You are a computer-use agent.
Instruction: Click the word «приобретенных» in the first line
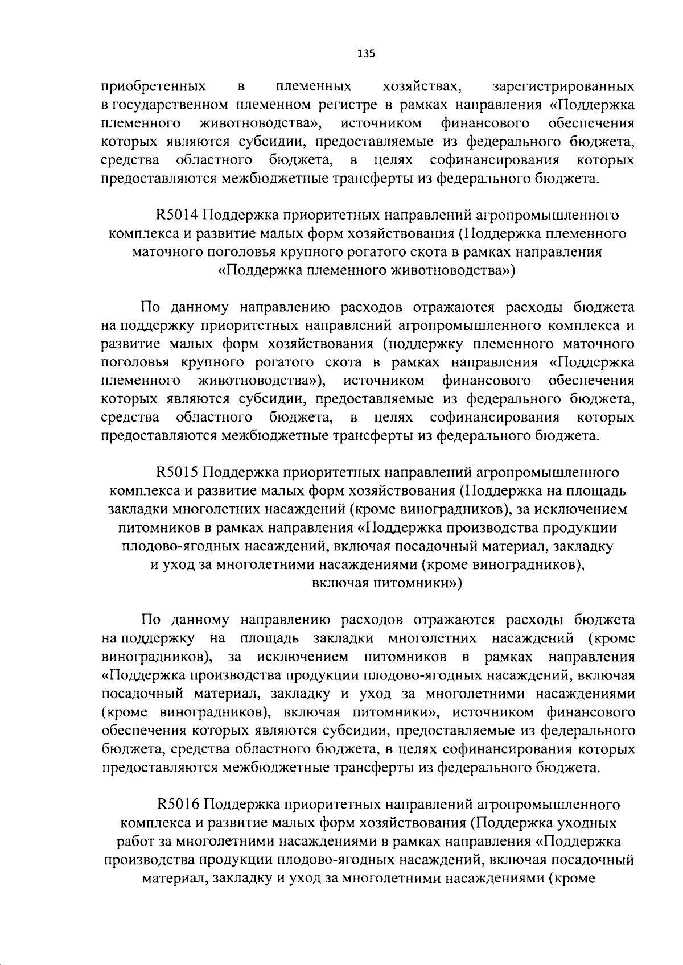[x=153, y=87]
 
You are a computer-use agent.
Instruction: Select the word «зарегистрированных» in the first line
[x=563, y=87]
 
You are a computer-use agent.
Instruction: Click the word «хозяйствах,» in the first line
[x=422, y=87]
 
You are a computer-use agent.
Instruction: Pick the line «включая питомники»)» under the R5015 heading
[x=387, y=583]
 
